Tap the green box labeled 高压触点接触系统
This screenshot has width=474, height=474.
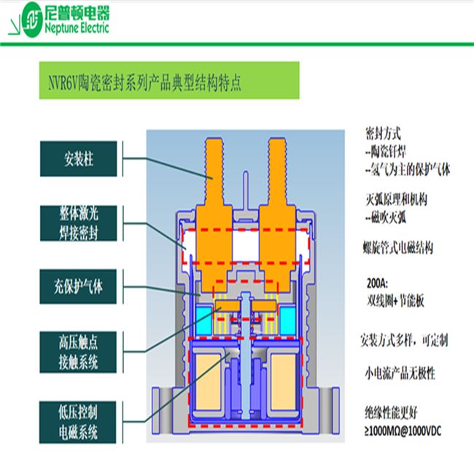(81, 351)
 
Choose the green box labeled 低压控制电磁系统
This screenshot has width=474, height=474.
(81, 421)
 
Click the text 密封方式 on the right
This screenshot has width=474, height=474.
(383, 135)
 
